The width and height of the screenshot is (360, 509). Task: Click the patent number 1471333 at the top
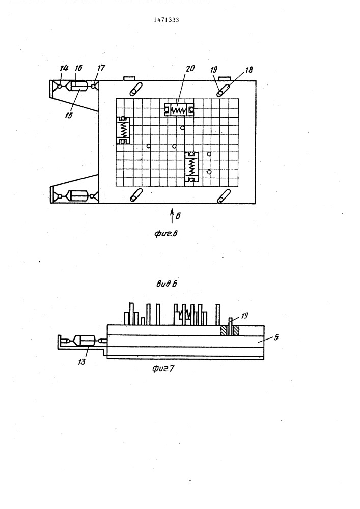166,20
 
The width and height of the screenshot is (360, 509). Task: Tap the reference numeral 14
64,68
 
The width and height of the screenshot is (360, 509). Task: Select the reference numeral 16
78,68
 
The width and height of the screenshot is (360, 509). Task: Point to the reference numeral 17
101,68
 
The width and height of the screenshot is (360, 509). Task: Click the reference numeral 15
69,115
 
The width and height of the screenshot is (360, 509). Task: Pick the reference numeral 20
190,69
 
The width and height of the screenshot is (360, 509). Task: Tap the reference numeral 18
249,70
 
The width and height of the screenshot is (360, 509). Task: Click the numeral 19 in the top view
213,69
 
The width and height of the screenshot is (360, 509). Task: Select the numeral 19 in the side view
244,315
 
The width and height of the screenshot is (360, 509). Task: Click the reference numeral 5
276,337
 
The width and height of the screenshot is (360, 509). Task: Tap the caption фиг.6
166,233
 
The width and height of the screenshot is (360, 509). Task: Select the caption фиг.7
163,369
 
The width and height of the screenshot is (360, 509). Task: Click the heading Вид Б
167,284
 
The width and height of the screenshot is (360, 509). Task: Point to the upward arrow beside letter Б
172,215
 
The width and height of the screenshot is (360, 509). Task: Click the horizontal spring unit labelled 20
179,110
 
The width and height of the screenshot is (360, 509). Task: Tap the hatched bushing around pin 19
230,331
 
